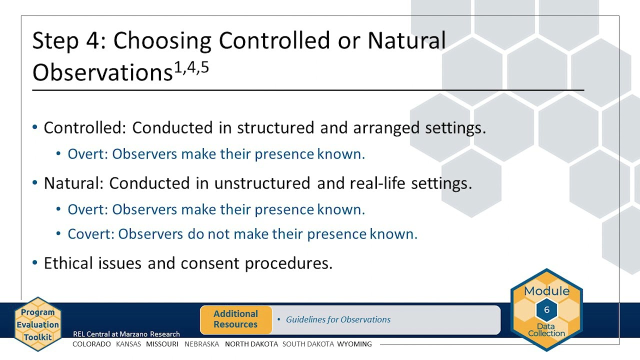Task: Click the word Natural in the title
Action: [x=406, y=41]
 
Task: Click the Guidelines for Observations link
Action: [x=338, y=319]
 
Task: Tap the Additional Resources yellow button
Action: [x=235, y=319]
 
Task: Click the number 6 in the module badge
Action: [x=546, y=310]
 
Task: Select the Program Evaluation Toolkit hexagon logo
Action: [x=37, y=324]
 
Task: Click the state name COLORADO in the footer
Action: [x=91, y=344]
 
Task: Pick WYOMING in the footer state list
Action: [x=354, y=344]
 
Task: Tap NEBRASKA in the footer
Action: [x=201, y=344]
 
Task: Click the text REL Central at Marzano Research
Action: [x=126, y=334]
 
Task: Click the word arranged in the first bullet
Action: [x=386, y=128]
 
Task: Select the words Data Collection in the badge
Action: [x=546, y=330]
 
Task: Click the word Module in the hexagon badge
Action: [x=546, y=291]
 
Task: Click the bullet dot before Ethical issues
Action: [x=34, y=263]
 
